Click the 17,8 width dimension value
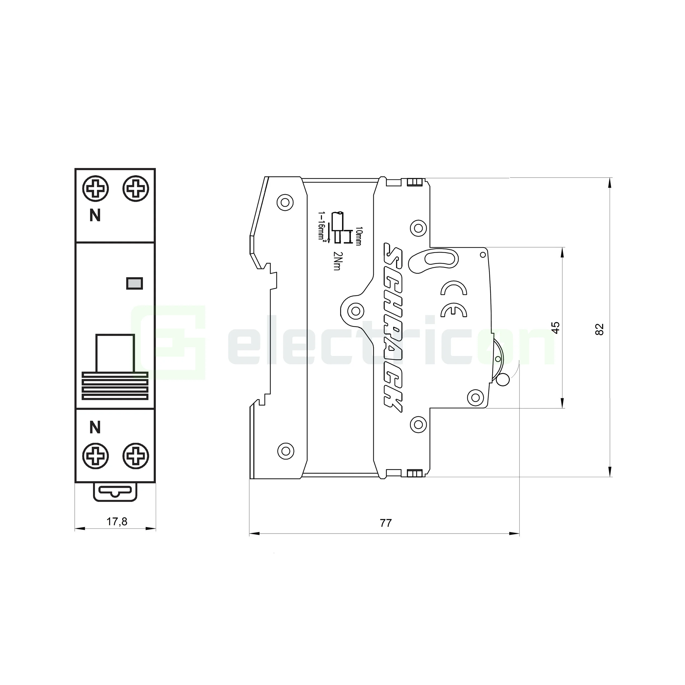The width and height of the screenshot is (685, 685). pyautogui.click(x=117, y=522)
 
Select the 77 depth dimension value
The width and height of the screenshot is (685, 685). pyautogui.click(x=386, y=523)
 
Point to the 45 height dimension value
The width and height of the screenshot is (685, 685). pyautogui.click(x=556, y=327)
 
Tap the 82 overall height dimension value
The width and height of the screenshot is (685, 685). pyautogui.click(x=599, y=329)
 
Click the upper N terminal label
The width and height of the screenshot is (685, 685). pyautogui.click(x=95, y=215)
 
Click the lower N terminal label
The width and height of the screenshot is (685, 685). pyautogui.click(x=95, y=427)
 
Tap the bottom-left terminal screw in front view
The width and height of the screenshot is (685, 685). pyautogui.click(x=95, y=456)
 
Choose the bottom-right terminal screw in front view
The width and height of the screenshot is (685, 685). pyautogui.click(x=136, y=456)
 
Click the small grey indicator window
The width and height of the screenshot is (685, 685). pyautogui.click(x=135, y=283)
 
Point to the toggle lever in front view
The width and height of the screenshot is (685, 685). pyautogui.click(x=115, y=353)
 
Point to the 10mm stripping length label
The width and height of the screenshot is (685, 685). pyautogui.click(x=358, y=236)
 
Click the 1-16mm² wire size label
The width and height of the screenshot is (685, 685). pyautogui.click(x=322, y=227)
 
